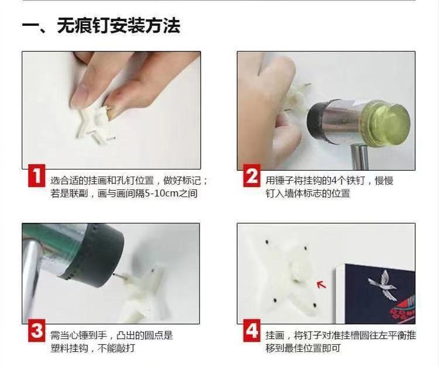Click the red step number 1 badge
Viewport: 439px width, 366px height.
(x=36, y=175)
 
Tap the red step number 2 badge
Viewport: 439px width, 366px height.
(x=252, y=175)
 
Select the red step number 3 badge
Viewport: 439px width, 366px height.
(x=36, y=330)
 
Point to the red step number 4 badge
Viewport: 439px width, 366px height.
(x=252, y=330)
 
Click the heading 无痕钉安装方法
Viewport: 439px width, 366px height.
(x=119, y=26)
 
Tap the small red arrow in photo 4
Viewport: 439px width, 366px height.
(x=322, y=284)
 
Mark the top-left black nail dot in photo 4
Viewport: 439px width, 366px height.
(x=267, y=241)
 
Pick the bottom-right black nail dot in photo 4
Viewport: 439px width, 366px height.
(x=314, y=305)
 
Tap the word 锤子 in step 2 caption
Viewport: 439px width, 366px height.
(x=284, y=181)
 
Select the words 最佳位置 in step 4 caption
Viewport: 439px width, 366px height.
(x=303, y=348)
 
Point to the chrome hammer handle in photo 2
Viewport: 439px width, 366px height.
(x=360, y=156)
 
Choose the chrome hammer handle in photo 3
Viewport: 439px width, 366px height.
(x=32, y=279)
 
